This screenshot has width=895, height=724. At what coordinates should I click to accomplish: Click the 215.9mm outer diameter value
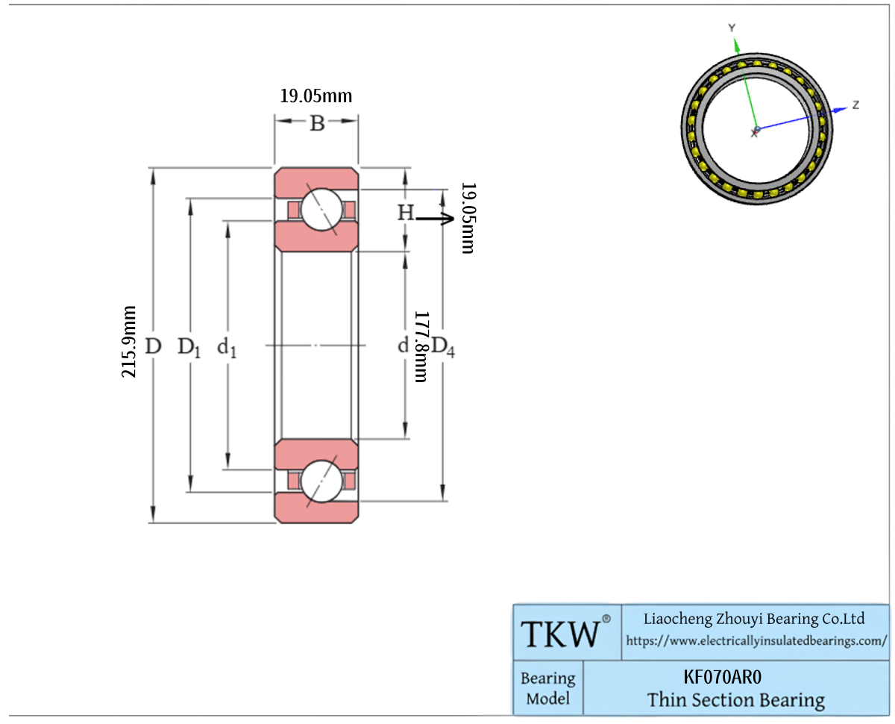click(x=128, y=341)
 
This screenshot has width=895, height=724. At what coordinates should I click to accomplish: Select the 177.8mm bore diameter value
click(x=421, y=346)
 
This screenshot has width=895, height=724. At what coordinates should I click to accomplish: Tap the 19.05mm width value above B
click(x=316, y=96)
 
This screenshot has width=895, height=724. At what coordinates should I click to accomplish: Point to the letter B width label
click(x=317, y=123)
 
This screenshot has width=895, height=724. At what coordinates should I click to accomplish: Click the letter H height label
click(x=406, y=213)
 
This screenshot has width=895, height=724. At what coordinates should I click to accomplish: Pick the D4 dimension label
click(x=443, y=347)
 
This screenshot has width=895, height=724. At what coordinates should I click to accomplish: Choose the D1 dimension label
click(x=189, y=348)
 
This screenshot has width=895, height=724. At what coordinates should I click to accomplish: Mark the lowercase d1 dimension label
click(x=227, y=348)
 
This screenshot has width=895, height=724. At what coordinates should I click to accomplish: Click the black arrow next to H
click(x=435, y=218)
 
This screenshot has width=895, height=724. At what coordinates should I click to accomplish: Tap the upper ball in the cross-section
click(x=322, y=210)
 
